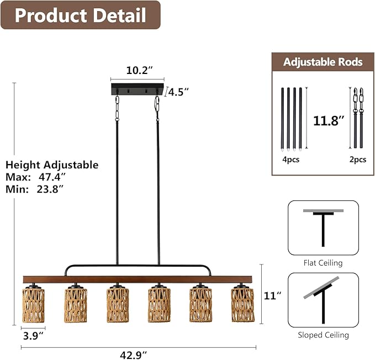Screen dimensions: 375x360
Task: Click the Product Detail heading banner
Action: pos(81,15)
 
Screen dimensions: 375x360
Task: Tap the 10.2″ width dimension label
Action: pos(139,70)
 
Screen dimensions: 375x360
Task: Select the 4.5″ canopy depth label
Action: pos(178,92)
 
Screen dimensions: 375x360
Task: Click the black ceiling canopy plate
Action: pos(138,89)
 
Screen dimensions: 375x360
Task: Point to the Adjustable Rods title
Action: pos(323,62)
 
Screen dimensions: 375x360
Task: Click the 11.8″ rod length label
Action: pos(329,121)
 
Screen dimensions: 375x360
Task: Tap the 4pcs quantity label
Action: pos(291,160)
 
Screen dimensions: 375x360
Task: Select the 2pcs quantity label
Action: pos(358,160)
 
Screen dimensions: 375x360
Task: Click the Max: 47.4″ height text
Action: pos(36,177)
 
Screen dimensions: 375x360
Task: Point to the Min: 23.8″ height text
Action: pos(34,189)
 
